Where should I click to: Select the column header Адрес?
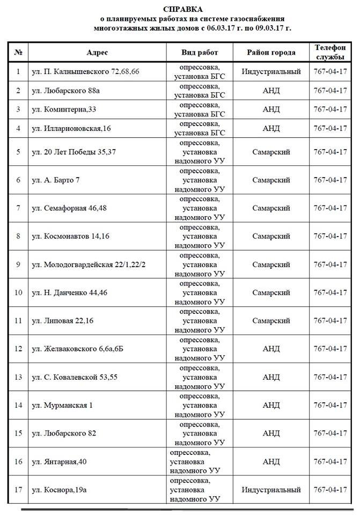(97, 53)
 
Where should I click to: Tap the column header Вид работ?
(200, 53)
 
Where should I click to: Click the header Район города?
(271, 53)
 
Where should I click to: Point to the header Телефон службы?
(330, 53)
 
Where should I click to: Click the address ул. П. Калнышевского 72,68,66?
(85, 71)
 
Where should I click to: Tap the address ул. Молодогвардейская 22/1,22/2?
(89, 264)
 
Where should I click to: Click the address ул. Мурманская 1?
(62, 405)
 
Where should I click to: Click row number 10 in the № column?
(18, 292)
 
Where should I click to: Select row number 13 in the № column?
(18, 377)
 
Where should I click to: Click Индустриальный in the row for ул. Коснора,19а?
(271, 490)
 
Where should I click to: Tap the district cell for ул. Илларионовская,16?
(271, 128)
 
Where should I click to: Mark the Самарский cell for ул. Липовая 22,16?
(271, 320)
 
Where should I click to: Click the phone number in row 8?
(330, 236)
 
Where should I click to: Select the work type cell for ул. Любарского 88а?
(200, 90)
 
